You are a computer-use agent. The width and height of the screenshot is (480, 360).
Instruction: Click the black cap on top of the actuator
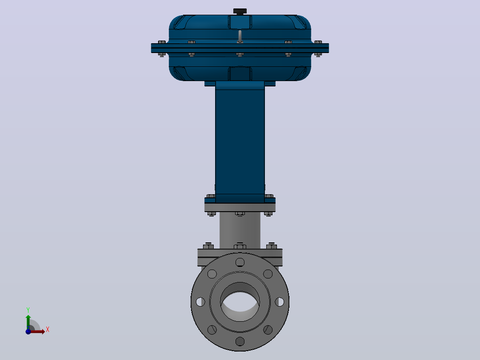(x=240, y=11)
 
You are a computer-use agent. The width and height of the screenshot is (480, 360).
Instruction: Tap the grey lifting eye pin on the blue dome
(x=240, y=36)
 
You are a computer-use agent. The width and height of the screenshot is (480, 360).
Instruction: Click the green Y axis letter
(x=28, y=310)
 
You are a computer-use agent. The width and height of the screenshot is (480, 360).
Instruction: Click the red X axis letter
(x=48, y=330)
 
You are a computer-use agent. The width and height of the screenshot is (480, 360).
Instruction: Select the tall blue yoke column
(x=240, y=142)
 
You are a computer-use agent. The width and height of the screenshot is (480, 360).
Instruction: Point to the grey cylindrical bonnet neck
(x=240, y=230)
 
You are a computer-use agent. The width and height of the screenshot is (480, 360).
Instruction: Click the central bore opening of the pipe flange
(x=240, y=302)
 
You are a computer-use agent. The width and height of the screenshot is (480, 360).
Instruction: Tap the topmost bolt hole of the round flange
(x=240, y=262)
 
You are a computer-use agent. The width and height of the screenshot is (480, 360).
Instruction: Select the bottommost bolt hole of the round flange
(x=240, y=341)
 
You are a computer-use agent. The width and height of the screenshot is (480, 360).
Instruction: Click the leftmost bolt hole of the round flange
(x=200, y=302)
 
